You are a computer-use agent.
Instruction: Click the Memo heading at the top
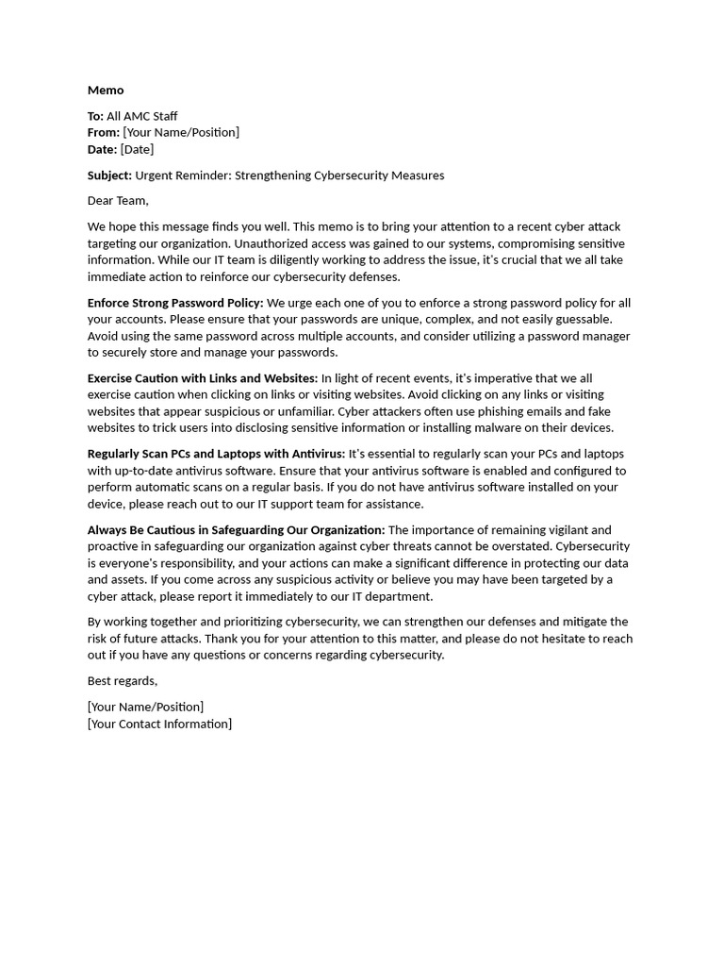tap(106, 91)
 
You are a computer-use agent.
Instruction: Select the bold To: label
tap(95, 116)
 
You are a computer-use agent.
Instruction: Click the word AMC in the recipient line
tap(139, 116)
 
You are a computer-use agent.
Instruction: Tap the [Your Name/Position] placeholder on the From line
tap(181, 132)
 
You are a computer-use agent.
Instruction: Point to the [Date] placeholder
tap(137, 149)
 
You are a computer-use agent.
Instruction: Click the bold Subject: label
tap(109, 175)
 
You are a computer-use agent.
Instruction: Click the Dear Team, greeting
tap(118, 201)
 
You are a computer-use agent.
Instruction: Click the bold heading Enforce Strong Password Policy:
tap(175, 303)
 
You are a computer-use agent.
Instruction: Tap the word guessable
tap(583, 319)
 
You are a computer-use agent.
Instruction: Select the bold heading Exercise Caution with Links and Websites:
tap(203, 378)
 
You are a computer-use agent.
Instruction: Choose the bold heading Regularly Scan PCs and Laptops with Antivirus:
tap(216, 454)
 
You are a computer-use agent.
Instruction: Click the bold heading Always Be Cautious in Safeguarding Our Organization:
tap(236, 530)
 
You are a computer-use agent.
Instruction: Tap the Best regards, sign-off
tap(123, 681)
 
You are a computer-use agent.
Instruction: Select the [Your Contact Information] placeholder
tap(159, 724)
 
